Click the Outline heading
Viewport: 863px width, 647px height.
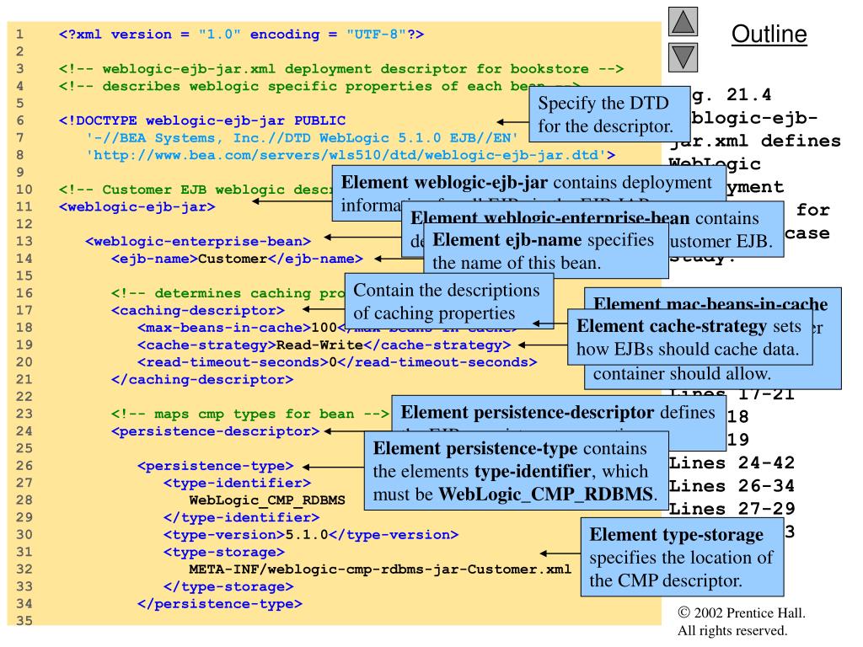[x=769, y=35]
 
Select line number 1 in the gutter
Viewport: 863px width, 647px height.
[x=18, y=35]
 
